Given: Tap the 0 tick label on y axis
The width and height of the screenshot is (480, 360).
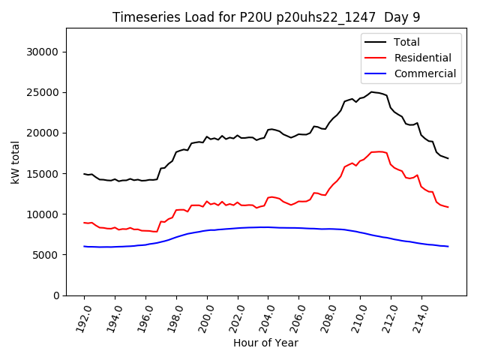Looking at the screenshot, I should (x=56, y=295).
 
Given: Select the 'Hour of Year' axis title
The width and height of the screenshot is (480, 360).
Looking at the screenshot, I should (x=265, y=343).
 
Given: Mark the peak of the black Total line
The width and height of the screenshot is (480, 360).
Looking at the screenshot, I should (x=371, y=92).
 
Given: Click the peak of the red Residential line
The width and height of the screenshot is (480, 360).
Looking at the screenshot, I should (x=379, y=151).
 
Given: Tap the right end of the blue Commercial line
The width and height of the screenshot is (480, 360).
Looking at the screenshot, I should (x=448, y=247).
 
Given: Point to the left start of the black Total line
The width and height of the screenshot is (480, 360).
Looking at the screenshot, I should (x=84, y=174).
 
